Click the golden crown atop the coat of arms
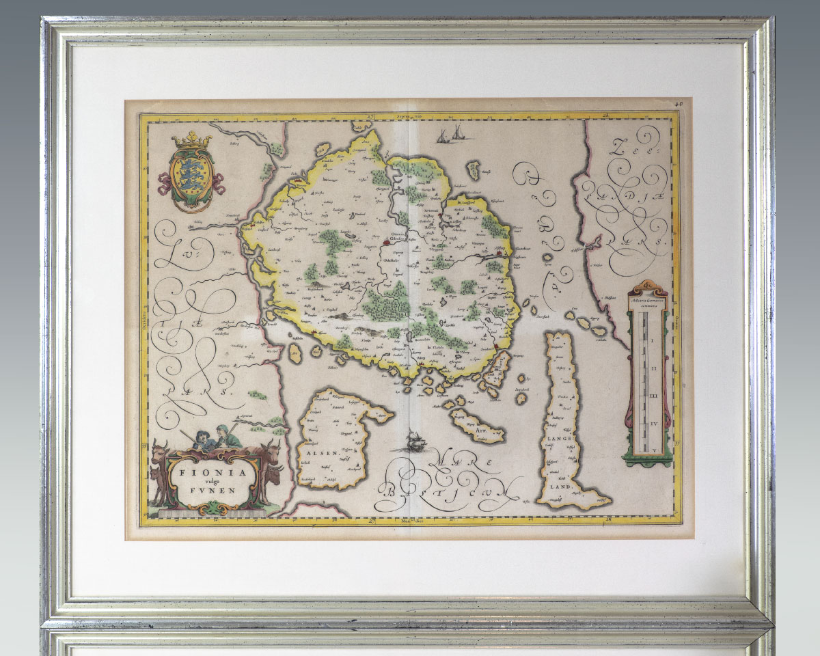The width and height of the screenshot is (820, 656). point(191,141)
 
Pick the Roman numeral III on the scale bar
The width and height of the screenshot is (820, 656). point(653,396)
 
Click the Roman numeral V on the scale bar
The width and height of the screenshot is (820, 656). point(653,450)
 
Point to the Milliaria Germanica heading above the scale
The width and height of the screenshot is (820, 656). point(651,299)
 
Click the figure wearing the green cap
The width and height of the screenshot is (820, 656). point(223,432)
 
